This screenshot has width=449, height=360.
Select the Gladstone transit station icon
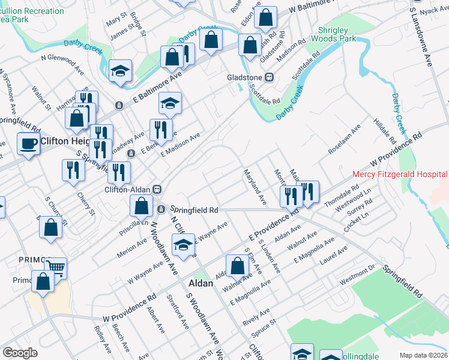click(x=270, y=77)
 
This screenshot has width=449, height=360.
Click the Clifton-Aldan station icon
click(x=157, y=189)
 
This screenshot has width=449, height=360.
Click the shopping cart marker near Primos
click(x=55, y=268)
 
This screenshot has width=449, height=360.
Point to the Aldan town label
click(x=201, y=283)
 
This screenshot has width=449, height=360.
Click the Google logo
click(x=20, y=353)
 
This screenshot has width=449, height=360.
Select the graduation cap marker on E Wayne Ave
click(x=183, y=244)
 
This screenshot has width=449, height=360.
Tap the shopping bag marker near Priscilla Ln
click(x=140, y=206)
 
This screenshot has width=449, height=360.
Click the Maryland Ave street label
click(x=255, y=187)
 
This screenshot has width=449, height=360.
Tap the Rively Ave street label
click(x=256, y=315)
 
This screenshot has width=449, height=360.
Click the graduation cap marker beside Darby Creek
click(x=121, y=70)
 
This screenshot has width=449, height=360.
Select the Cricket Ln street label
click(x=355, y=221)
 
